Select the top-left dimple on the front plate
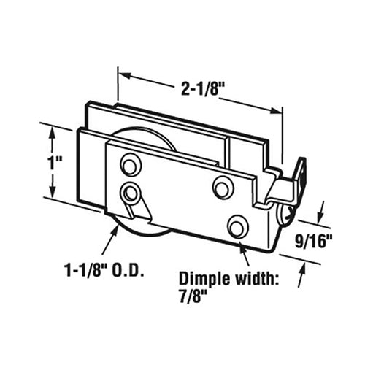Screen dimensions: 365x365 point(130,165)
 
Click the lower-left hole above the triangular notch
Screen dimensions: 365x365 point(131,193)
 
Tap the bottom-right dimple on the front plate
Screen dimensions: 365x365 point(237,227)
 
